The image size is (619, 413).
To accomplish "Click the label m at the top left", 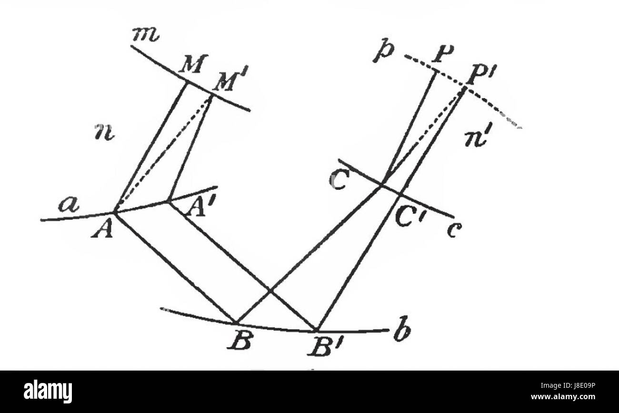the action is [145, 35].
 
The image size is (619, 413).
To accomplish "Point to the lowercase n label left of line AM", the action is [104, 132].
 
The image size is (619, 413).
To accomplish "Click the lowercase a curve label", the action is [69, 205].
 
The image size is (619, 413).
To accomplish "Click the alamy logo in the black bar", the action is [48, 391].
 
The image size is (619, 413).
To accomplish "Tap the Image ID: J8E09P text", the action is [568, 385].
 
